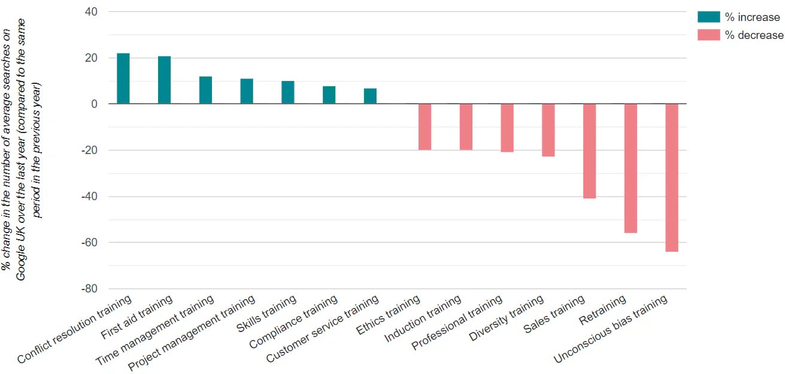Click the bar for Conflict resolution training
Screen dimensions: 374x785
coord(123,79)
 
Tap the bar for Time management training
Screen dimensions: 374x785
coord(205,90)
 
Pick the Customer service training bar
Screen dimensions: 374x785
coord(370,96)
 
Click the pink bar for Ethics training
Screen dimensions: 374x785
coord(425,126)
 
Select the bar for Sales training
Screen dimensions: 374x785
coord(589,151)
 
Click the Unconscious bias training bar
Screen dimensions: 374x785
coord(671,177)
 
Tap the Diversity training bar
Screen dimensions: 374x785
coord(548,130)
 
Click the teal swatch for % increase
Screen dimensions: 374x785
coord(708,17)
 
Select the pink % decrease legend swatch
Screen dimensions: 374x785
coord(708,35)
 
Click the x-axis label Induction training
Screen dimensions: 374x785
coord(423,319)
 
